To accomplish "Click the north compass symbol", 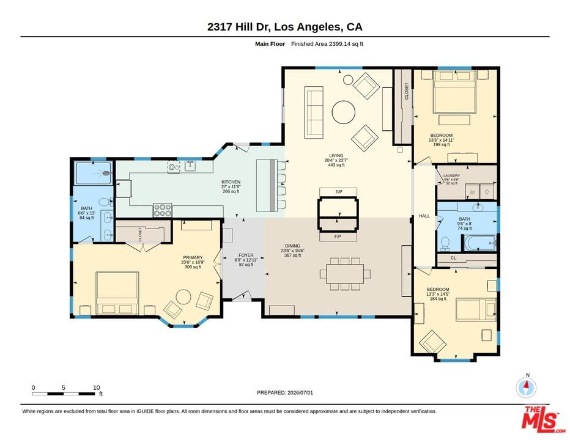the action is click(x=526, y=387).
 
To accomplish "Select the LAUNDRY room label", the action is click(x=451, y=175).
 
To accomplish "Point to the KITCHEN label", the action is click(x=231, y=182).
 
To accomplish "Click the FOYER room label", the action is click(x=246, y=255).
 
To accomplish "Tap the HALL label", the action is click(x=424, y=216).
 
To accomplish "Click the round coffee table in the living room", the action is click(x=344, y=112).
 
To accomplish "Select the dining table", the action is click(x=345, y=274).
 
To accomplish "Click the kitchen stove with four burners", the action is click(x=163, y=210).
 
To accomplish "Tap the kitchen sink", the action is click(x=190, y=166).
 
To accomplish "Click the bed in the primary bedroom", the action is click(x=117, y=293).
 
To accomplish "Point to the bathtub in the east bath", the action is click(x=479, y=243).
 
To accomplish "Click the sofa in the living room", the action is click(x=314, y=112).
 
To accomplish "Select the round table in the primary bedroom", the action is click(x=183, y=297).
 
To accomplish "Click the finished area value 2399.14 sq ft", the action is click(x=346, y=44).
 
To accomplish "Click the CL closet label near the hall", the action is click(x=453, y=258).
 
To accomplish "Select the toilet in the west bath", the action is click(x=105, y=202).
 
